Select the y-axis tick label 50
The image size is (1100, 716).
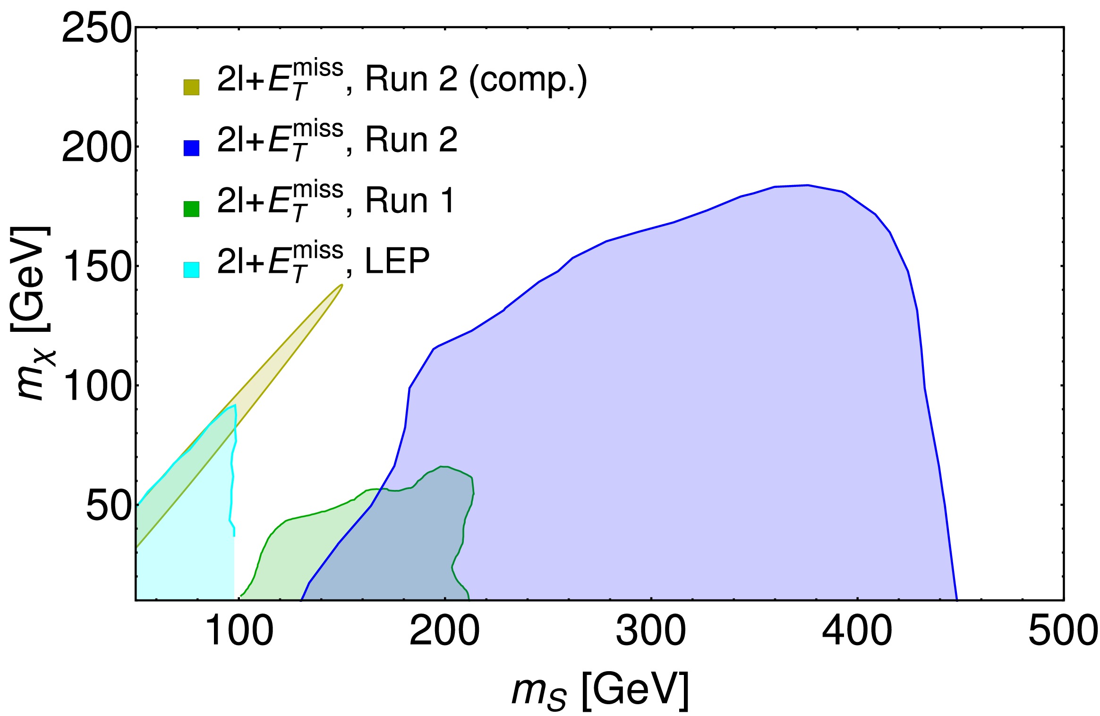coord(108,506)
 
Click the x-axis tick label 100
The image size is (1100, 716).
coord(239,632)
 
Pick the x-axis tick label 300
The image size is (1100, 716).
coord(651,632)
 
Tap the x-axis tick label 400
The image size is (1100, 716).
coord(857,632)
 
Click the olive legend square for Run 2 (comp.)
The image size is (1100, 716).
coord(191,87)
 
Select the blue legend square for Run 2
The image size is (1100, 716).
coord(191,148)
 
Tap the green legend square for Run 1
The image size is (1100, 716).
coord(191,209)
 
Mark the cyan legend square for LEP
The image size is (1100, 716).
coord(191,270)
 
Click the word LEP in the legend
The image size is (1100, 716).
coord(397,261)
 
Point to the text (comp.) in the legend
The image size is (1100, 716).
coord(528,80)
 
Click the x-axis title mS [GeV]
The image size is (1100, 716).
coord(600,690)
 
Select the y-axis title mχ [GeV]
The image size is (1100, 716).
coord(32,314)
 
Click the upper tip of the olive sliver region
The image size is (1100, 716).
coord(341,285)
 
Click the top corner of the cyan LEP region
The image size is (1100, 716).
coord(235,405)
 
